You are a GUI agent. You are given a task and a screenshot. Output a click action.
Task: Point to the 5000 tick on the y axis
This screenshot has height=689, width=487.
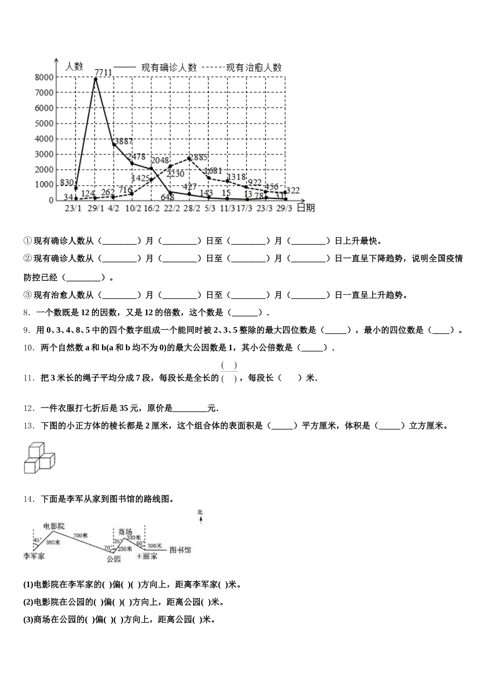coord(44,124)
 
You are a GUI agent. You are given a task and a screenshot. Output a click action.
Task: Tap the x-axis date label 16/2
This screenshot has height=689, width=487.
coord(151,208)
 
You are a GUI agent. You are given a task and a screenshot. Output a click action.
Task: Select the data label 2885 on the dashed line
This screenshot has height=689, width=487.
coord(198,157)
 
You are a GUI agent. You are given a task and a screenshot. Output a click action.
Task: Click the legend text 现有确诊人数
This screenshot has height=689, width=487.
coord(169,67)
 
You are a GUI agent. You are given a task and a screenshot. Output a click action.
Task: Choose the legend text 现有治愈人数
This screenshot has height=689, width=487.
coord(254,67)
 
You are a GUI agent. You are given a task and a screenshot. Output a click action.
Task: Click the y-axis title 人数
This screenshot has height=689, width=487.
coord(74,66)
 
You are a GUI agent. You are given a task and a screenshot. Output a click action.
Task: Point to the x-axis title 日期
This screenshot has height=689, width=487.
coord(306,208)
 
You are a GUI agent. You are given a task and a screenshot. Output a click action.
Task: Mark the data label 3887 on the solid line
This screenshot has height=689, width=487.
coord(123,141)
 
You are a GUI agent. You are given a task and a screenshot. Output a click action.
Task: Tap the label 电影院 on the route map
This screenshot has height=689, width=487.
coord(54,526)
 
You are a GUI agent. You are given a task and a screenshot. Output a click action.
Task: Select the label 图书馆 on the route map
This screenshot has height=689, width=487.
coord(180,550)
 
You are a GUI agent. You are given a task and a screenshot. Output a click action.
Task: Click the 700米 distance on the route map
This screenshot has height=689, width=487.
coord(81,535)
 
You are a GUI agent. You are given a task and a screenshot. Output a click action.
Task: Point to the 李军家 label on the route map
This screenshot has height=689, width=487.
coord(34,556)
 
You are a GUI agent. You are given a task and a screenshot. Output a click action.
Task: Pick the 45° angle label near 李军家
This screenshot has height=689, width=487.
coord(37,540)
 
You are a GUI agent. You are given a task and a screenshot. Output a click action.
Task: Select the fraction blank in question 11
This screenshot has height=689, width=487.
coord(229,372)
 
